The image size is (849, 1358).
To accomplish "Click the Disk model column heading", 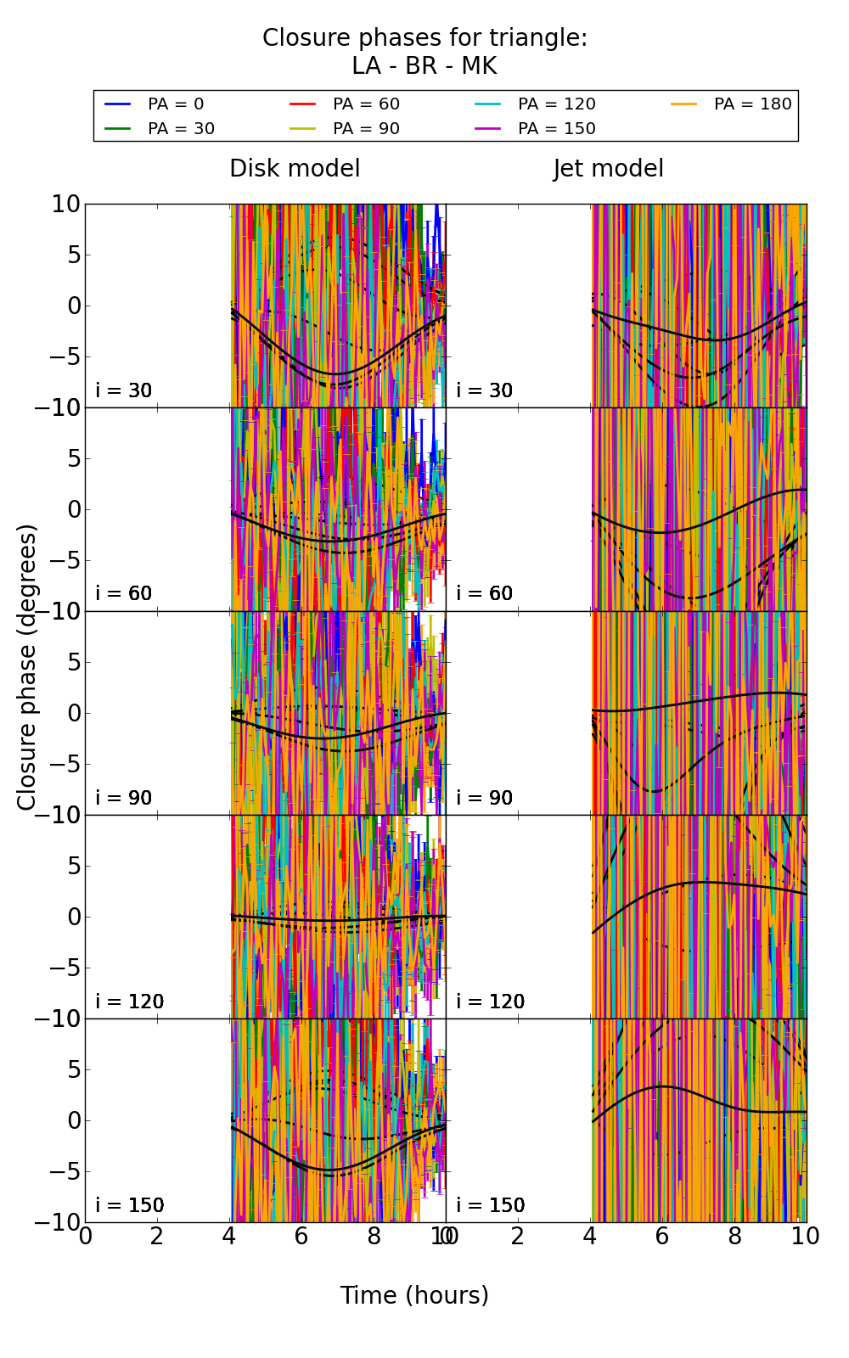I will tap(295, 169).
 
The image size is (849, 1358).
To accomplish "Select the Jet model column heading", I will tap(609, 169).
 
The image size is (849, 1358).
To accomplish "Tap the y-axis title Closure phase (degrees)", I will tap(27, 667).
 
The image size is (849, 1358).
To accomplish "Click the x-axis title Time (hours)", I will tap(414, 1296).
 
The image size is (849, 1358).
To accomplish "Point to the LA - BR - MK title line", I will tap(424, 66).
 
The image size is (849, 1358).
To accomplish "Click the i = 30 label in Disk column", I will tap(124, 390).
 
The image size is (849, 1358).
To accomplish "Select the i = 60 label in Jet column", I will tap(485, 593).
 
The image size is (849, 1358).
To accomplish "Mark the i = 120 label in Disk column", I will tap(129, 1002).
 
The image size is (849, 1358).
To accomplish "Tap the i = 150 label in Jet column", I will tap(490, 1205).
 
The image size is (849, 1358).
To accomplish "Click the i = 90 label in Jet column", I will tap(485, 798).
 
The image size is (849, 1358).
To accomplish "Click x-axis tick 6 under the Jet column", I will tap(662, 1237).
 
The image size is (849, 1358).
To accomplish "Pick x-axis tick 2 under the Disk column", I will tap(157, 1237).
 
